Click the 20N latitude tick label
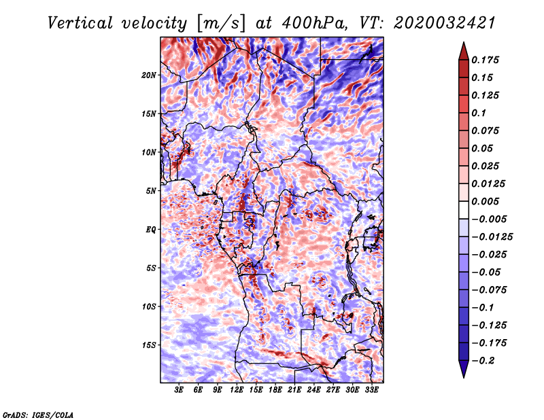click(149, 75)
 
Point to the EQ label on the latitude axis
click(151, 230)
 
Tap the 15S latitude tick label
click(149, 345)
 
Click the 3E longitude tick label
click(179, 390)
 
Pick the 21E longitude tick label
click(294, 390)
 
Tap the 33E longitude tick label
click(371, 390)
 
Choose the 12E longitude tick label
click(237, 390)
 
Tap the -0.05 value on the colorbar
click(487, 272)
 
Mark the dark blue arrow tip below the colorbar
click(462, 374)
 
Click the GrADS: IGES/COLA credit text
click(38, 414)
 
